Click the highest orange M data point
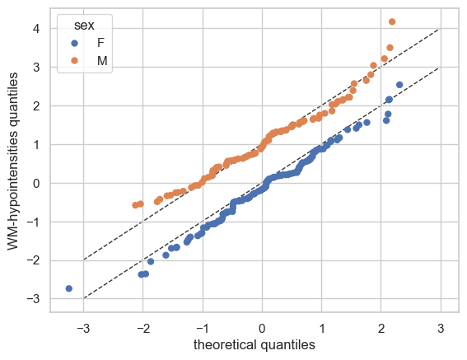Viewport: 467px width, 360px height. coord(392,21)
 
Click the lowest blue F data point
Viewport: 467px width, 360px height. coord(69,288)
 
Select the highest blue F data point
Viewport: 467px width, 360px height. coord(399,85)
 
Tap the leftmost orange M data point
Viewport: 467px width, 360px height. coord(136,205)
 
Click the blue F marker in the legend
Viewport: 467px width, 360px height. coord(74,43)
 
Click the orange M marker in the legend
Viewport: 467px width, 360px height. coord(74,60)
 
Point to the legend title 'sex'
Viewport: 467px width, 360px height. coord(84,26)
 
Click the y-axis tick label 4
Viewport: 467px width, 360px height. coord(36,29)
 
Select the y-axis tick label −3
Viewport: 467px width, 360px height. coord(33,298)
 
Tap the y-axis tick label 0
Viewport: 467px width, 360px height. coord(36,183)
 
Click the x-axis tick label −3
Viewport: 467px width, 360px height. coord(83,329)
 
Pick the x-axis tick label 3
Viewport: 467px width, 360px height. coord(441,329)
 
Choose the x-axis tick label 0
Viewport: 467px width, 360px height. coord(262,329)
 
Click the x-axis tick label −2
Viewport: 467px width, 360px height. coord(143,329)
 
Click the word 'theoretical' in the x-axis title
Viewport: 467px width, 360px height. coord(225,345)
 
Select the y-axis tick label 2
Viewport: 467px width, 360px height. coord(36,105)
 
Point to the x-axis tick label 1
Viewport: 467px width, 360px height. coord(322,329)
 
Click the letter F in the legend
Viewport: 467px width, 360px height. coord(100,43)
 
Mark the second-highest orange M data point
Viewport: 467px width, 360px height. coord(390,48)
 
